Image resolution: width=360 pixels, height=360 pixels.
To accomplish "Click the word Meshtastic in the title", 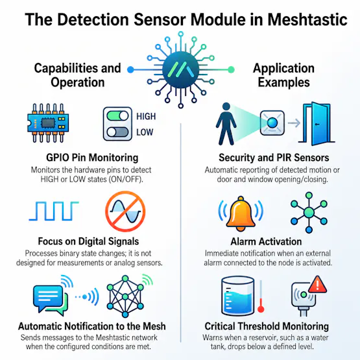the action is [x=307, y=19].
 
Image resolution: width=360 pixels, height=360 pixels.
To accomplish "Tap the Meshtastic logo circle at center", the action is [x=181, y=70].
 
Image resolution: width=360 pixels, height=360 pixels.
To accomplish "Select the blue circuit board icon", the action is [x=48, y=123].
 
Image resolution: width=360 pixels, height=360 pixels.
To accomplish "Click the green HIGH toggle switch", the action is [x=118, y=115].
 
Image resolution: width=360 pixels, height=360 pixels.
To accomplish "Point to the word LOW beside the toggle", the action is [x=145, y=132].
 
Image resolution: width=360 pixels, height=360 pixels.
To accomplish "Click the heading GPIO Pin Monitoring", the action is [x=92, y=158].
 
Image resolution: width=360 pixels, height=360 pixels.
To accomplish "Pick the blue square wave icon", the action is [x=54, y=211].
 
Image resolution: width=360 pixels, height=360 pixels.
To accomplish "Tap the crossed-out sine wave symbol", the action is [x=125, y=211].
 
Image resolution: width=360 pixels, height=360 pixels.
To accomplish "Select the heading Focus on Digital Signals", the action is [x=88, y=241].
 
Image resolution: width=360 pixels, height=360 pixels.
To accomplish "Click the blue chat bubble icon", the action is [x=48, y=297].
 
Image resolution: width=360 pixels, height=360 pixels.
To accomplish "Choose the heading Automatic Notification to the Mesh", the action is [x=92, y=326].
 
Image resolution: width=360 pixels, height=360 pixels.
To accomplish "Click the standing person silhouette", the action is [x=226, y=124].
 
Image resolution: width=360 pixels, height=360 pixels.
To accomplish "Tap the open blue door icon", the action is [x=317, y=123].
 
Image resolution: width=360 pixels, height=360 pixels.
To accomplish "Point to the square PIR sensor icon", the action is [x=272, y=123].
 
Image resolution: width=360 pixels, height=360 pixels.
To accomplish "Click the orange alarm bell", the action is [x=241, y=214].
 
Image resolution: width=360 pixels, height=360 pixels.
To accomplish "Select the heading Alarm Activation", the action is [x=266, y=241].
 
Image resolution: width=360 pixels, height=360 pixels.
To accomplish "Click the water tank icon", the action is [x=238, y=296].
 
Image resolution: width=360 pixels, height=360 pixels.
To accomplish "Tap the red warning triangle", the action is [x=318, y=285].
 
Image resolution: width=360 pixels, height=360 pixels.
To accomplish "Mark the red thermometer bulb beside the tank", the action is [x=261, y=309].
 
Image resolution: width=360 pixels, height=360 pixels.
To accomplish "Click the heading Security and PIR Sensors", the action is [x=274, y=158].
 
